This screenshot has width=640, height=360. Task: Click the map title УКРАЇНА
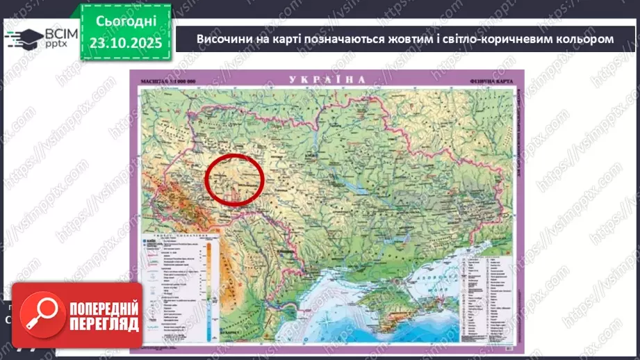coord(328,79)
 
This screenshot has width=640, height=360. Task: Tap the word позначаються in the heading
coord(347,39)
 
